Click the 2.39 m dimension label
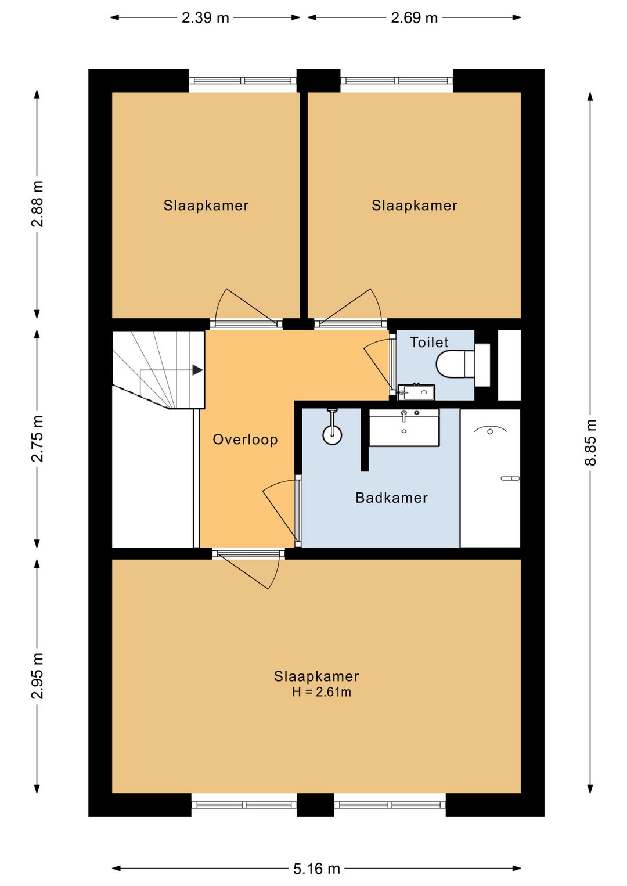point(206,18)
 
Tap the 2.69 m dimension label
point(414,18)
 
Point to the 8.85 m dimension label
point(590,442)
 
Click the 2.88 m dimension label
point(38,204)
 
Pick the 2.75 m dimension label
point(38,439)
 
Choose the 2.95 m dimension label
point(38,676)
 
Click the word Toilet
point(429,342)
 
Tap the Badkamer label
point(392,498)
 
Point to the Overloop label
point(245,440)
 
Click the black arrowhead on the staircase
point(197,370)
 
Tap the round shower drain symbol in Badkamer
point(332,435)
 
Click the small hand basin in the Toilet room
point(416,392)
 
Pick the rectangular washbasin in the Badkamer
point(404,428)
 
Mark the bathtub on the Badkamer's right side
point(490,478)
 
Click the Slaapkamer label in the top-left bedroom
point(206,206)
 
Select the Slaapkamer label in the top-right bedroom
point(414,206)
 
